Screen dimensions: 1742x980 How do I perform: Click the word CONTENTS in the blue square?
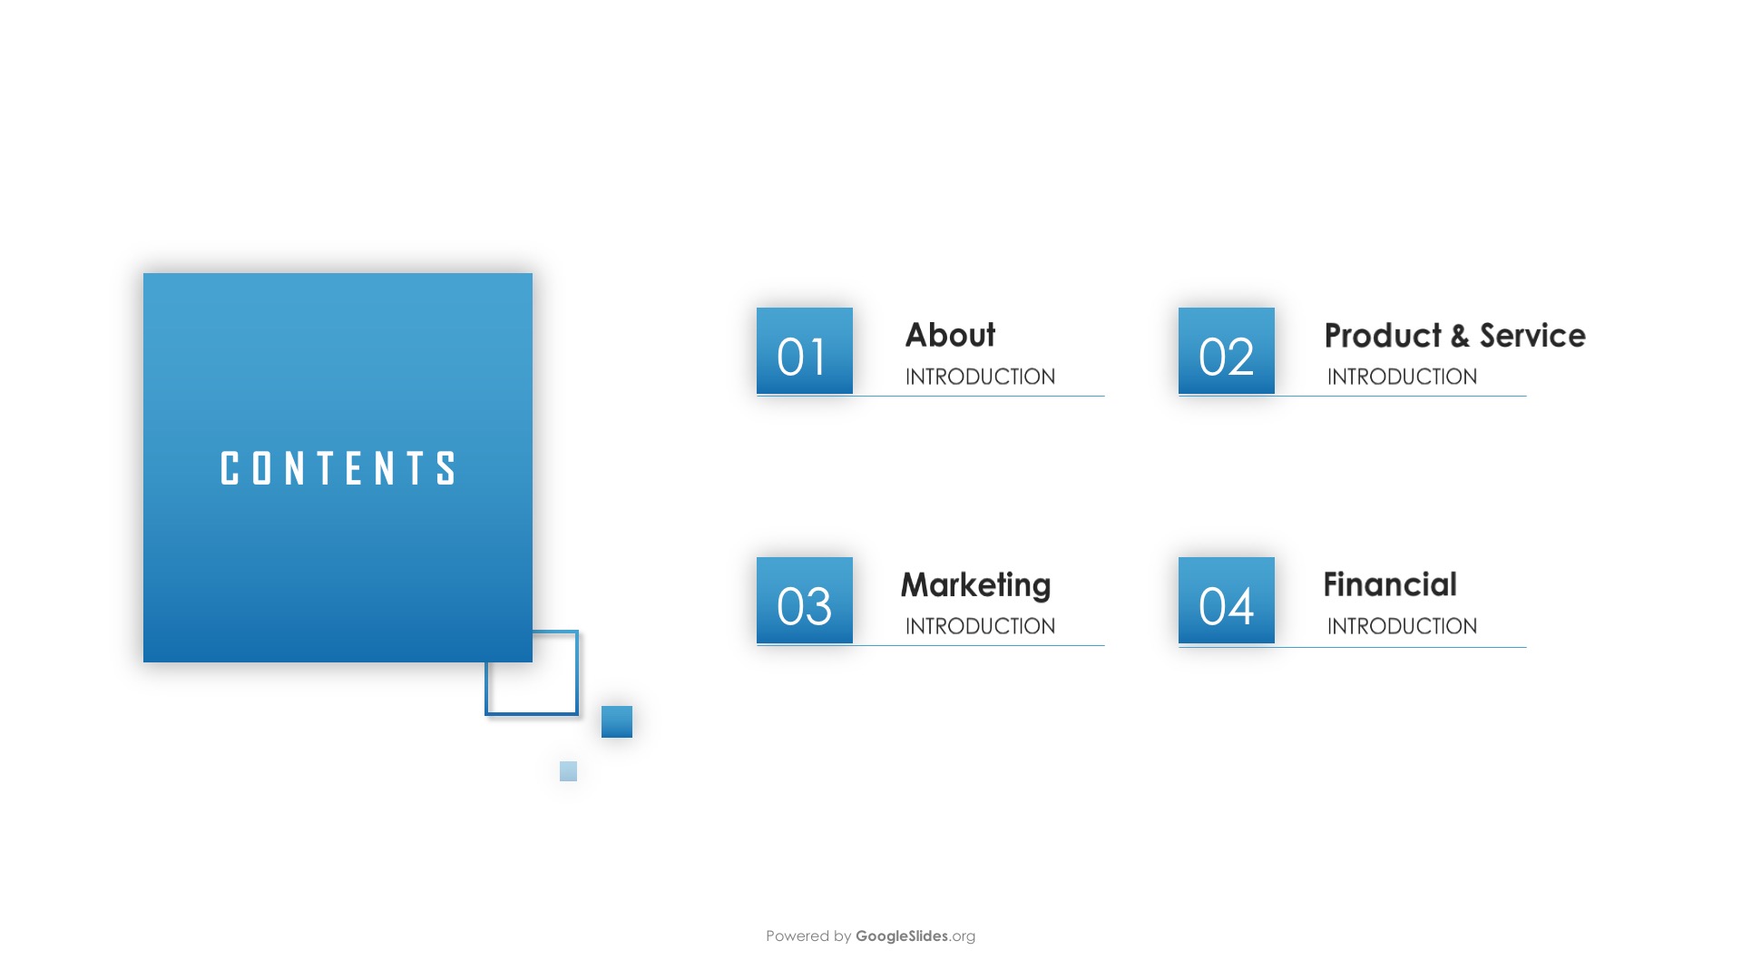[x=338, y=468]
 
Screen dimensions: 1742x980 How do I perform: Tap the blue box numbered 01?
[x=805, y=351]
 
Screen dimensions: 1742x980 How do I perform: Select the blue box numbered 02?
[x=1227, y=351]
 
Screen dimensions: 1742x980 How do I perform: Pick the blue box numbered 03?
[x=805, y=601]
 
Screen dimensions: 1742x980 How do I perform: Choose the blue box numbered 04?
[x=1227, y=601]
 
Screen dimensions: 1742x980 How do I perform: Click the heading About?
[x=950, y=335]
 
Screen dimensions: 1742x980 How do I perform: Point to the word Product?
[x=1383, y=336]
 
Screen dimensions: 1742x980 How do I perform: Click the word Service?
[x=1532, y=336]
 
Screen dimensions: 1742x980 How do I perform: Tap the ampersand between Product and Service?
[x=1460, y=336]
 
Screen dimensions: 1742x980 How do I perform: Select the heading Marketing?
[x=975, y=586]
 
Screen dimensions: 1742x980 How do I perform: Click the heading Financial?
[x=1390, y=584]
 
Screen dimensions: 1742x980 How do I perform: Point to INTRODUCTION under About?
[x=980, y=377]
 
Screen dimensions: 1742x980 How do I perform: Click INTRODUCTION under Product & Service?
[x=1402, y=377]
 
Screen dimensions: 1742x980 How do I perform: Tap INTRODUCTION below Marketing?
[x=980, y=626]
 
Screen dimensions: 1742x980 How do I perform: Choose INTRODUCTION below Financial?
[x=1402, y=626]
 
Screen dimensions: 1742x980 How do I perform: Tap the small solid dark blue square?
[x=617, y=721]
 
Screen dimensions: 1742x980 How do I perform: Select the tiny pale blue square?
[x=568, y=771]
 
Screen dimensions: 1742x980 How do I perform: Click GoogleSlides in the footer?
[x=902, y=936]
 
